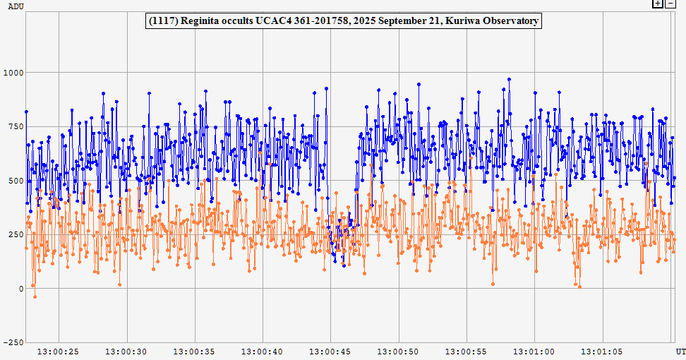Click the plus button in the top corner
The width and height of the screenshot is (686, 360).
coord(658,4)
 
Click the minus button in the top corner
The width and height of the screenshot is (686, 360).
coord(670,4)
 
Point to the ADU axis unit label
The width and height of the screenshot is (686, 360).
coord(15,6)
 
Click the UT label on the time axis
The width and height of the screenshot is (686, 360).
coord(680,351)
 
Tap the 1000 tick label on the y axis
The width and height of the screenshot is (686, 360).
coord(13,73)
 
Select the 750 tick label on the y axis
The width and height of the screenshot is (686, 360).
coord(16,127)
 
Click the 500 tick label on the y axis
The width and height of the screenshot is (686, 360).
coord(16,181)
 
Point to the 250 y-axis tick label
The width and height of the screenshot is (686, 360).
coord(16,235)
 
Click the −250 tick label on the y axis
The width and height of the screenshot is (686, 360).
coord(13,343)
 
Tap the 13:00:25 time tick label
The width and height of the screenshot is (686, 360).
coord(58,351)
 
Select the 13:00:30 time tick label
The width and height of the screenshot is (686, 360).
coord(126,351)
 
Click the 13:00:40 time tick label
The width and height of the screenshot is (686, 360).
coord(263,351)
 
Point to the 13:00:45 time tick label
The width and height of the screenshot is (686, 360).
coord(330,351)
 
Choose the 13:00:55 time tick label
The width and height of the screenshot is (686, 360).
coord(467,351)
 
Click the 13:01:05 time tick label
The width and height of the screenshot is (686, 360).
coord(602,351)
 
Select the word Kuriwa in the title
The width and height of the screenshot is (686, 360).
coord(462,21)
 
